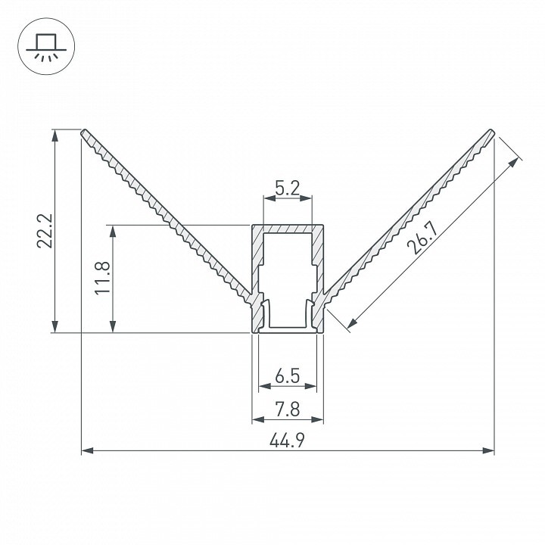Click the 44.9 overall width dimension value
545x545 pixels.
pyautogui.click(x=287, y=440)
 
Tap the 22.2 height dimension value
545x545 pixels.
pyautogui.click(x=45, y=231)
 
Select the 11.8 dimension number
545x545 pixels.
pyautogui.click(x=102, y=278)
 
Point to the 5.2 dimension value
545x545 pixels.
pyautogui.click(x=287, y=188)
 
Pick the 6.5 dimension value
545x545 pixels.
pyautogui.click(x=287, y=375)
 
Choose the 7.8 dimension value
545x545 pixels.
pyautogui.click(x=288, y=409)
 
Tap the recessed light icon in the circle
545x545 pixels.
pyautogui.click(x=46, y=47)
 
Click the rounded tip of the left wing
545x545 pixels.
pyautogui.click(x=84, y=132)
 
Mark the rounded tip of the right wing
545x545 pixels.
pyautogui.click(x=491, y=132)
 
